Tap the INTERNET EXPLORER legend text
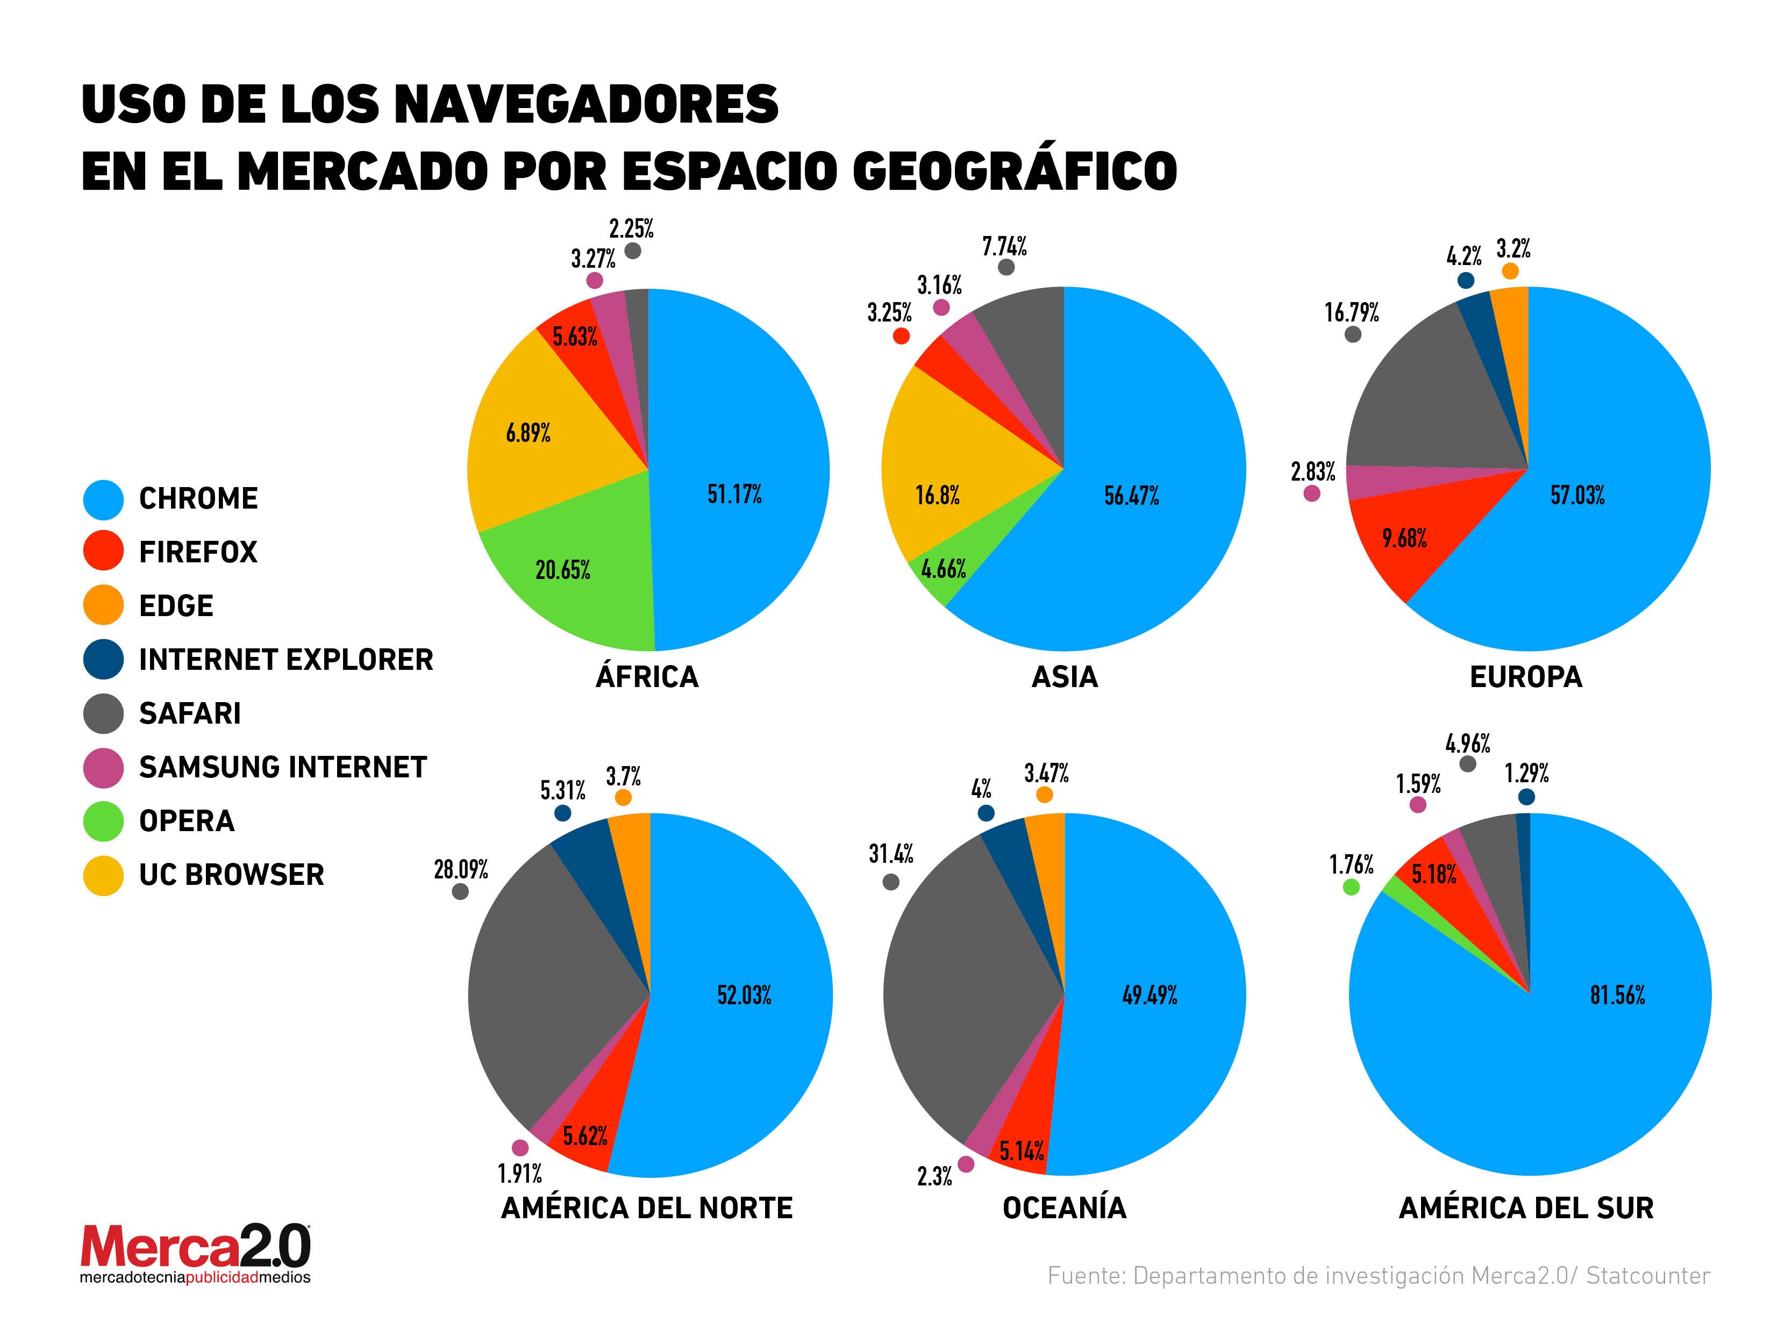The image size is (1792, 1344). click(x=286, y=660)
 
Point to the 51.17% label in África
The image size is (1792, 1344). click(x=734, y=494)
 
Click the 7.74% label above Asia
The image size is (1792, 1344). click(x=1004, y=246)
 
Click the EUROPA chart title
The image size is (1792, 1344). click(x=1525, y=676)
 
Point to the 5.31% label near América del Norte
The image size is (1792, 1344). click(x=562, y=790)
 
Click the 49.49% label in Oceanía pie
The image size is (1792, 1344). click(x=1149, y=995)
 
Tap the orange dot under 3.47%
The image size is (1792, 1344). click(x=1044, y=795)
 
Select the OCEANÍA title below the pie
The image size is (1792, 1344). click(x=1063, y=1208)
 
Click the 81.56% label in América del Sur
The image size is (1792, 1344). click(x=1617, y=995)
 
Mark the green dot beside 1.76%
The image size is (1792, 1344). click(x=1351, y=887)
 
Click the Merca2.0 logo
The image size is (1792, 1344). click(x=195, y=1252)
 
